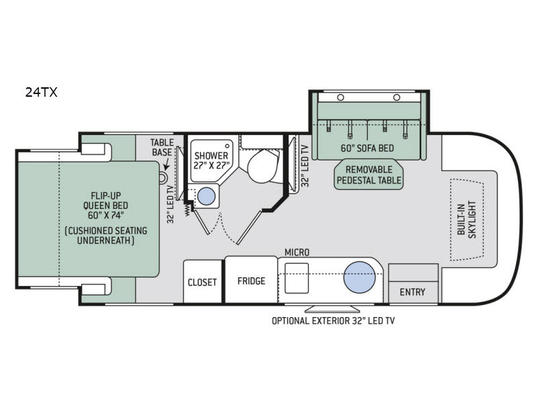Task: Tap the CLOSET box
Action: (202, 281)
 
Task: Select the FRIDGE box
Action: (251, 281)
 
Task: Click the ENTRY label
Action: (412, 292)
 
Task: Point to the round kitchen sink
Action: (360, 278)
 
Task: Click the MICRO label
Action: (296, 252)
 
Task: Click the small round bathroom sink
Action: (207, 196)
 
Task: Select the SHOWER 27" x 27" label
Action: (211, 161)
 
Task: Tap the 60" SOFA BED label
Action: (368, 148)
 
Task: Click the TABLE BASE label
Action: (162, 147)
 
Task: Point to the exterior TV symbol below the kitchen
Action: (322, 309)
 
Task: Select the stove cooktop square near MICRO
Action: (296, 278)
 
